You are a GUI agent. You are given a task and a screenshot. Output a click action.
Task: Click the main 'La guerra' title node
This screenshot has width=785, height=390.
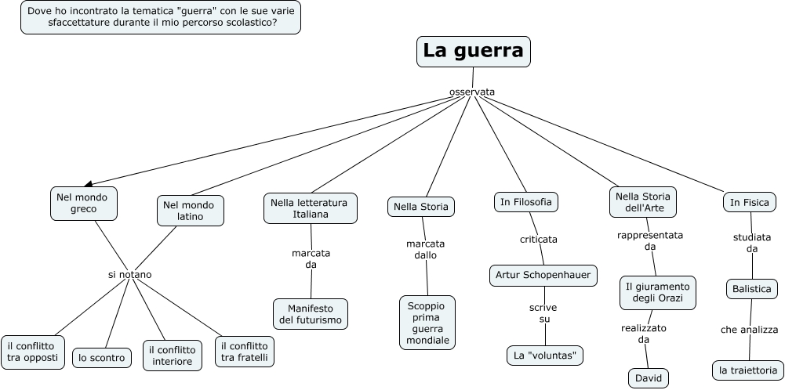473,51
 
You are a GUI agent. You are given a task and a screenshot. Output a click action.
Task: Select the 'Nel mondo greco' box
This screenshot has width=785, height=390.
83,203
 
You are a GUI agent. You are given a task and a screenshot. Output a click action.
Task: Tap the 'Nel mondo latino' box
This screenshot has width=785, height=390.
191,210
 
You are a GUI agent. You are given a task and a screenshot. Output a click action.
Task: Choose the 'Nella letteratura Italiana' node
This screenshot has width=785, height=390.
310,208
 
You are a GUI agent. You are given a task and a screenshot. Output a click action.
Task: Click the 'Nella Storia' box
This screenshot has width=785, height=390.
421,207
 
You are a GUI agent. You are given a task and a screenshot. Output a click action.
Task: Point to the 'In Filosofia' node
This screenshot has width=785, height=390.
525,202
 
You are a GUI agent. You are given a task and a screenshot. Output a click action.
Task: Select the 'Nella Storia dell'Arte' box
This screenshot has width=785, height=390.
642,202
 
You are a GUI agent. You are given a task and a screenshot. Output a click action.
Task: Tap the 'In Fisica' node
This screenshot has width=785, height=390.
749,202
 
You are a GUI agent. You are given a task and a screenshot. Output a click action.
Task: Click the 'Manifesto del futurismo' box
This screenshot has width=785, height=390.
311,314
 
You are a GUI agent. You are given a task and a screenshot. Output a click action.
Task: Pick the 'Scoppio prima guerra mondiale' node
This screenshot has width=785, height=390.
427,322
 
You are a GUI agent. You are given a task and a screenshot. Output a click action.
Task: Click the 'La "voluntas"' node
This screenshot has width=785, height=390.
544,356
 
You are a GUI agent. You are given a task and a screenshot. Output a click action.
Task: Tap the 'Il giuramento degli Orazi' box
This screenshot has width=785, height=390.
657,292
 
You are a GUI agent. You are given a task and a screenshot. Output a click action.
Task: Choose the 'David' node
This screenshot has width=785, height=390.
649,378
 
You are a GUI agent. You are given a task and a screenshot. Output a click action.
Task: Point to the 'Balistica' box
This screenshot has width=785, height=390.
751,289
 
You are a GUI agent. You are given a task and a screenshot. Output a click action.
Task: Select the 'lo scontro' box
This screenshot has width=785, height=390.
101,358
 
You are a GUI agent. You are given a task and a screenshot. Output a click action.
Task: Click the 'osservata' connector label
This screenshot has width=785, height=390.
472,92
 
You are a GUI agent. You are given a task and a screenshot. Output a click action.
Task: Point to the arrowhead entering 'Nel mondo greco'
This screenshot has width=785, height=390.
88,183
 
